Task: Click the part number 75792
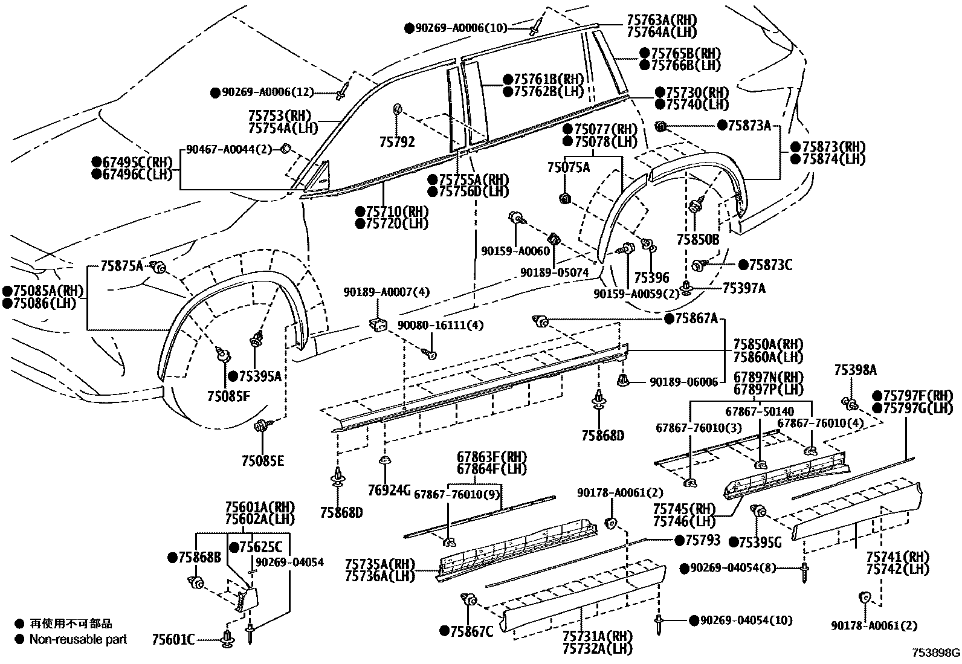[397, 143]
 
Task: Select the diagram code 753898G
[936, 653]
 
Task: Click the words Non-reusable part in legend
[79, 639]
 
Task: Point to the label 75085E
[262, 461]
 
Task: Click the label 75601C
[173, 639]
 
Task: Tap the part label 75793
[702, 540]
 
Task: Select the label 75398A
[855, 370]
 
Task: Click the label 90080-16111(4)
[441, 325]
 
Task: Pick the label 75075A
[569, 167]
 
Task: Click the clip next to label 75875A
[160, 266]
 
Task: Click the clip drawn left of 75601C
[228, 638]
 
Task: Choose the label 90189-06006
[683, 382]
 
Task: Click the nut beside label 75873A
[660, 126]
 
